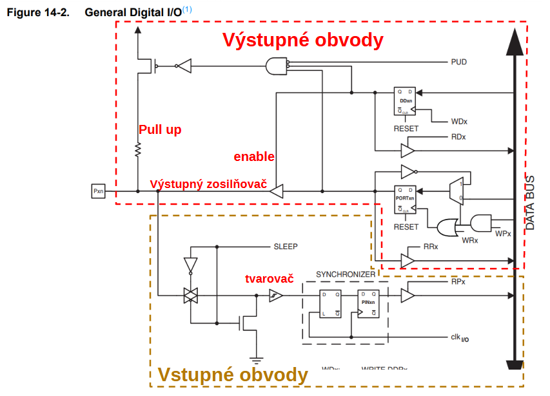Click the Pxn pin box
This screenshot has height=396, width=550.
click(98, 191)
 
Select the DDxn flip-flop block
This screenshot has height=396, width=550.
click(406, 102)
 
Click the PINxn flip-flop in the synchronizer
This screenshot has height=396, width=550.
click(369, 303)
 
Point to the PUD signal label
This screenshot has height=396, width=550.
click(458, 62)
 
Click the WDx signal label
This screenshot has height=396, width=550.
click(458, 121)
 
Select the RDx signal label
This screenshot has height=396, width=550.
click(458, 137)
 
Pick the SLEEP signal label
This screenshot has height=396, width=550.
click(286, 247)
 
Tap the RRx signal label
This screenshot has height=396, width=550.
click(431, 247)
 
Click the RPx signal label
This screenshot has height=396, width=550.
click(458, 282)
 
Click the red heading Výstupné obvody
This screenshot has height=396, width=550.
click(303, 40)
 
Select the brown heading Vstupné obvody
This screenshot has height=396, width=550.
click(232, 375)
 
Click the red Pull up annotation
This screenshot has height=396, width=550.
click(160, 129)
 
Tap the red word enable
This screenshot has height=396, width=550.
click(254, 156)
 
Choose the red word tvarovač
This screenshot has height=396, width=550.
click(270, 279)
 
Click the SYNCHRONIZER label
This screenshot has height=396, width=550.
click(346, 274)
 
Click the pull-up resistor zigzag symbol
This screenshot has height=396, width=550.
click(137, 149)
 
